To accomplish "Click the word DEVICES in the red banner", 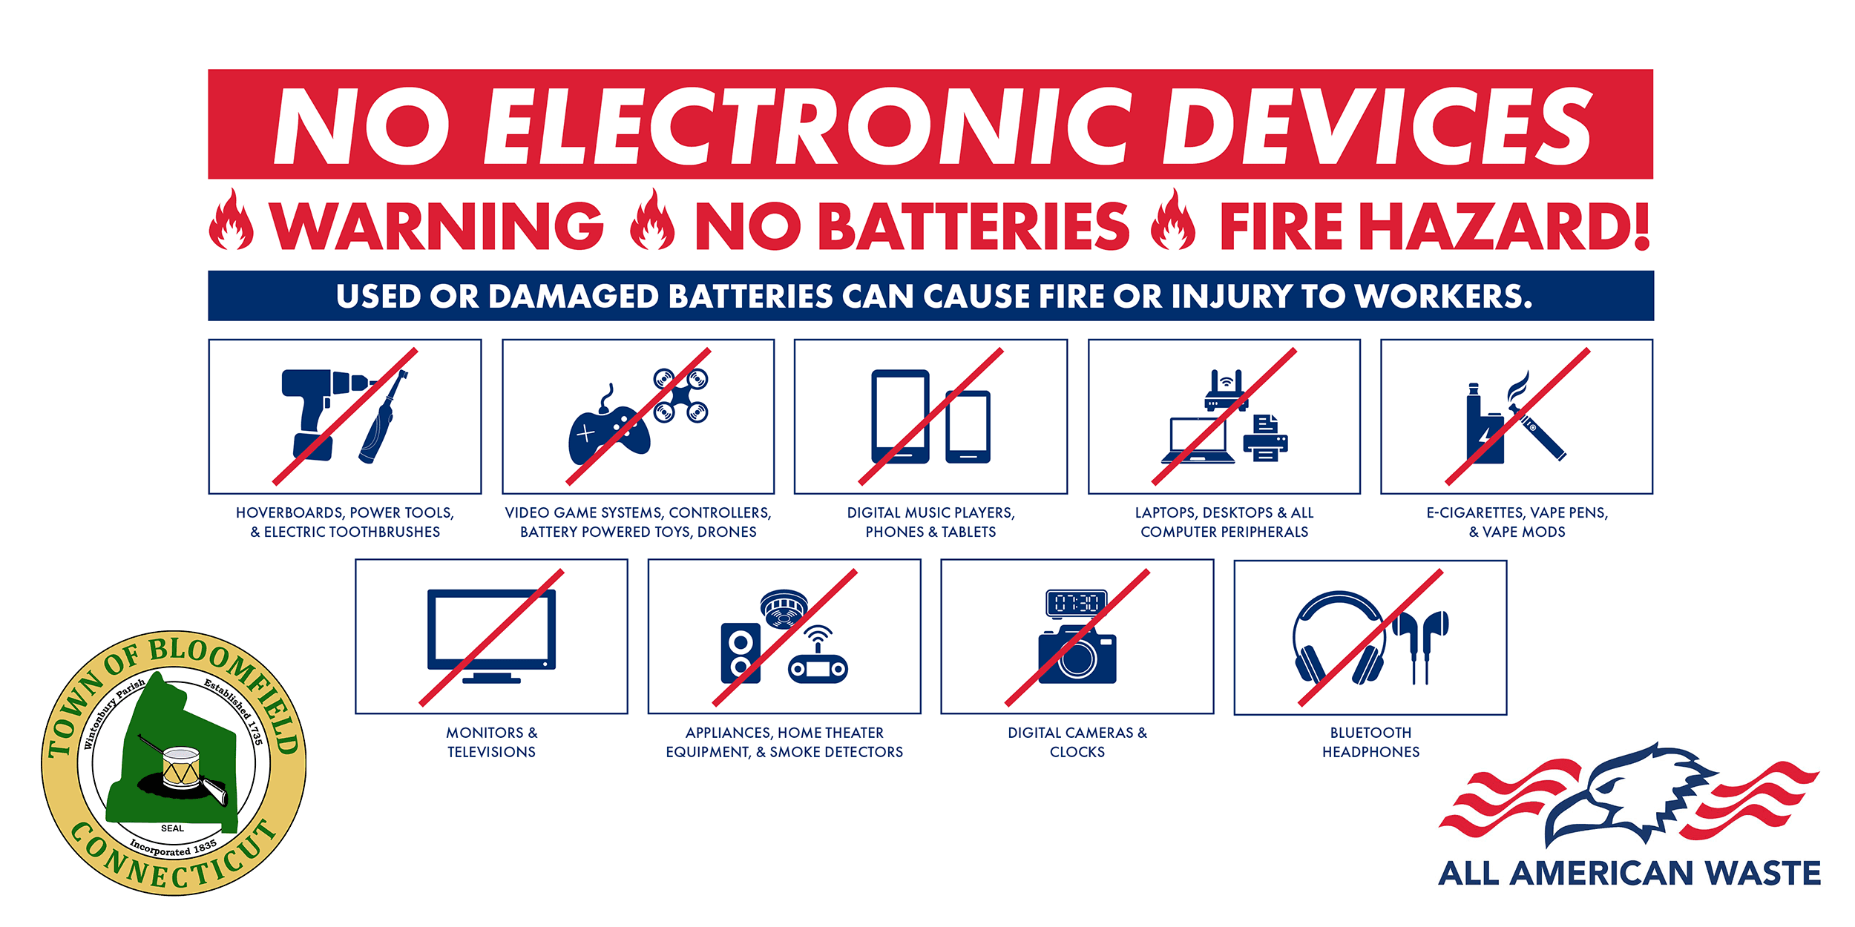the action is click(x=1377, y=126).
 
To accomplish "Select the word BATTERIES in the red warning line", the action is click(x=978, y=225).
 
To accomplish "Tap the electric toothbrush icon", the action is click(x=383, y=417).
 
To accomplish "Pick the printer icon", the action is click(x=1265, y=438).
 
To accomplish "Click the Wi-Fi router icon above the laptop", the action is click(x=1226, y=390).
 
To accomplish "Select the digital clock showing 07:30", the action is click(x=1077, y=603).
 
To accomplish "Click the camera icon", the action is click(x=1077, y=654).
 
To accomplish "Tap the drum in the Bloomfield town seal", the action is click(x=181, y=768).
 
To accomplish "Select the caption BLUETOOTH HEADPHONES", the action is click(x=1370, y=742).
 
